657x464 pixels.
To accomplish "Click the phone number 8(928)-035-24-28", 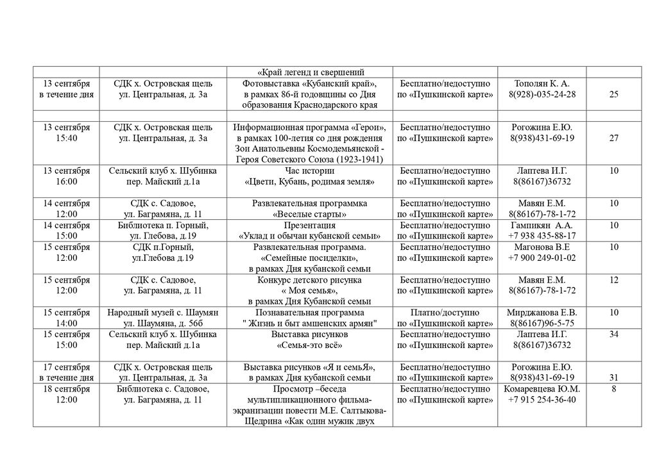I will (542, 95).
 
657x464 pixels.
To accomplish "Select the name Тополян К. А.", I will (542, 84).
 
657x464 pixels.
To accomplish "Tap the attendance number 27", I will (613, 138).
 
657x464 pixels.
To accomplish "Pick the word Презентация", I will (310, 226).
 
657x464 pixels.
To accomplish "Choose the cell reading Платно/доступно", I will (445, 312).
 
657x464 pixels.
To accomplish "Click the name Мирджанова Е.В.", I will (542, 312).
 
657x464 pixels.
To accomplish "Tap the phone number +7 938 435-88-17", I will (542, 236).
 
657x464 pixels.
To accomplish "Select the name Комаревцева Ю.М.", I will (542, 389).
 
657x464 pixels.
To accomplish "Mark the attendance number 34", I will (613, 334).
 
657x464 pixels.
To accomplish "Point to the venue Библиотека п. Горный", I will (163, 226).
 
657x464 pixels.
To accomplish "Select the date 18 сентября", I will (67, 389).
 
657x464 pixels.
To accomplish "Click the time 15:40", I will (67, 138).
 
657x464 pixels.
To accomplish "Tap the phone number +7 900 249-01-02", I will (542, 258).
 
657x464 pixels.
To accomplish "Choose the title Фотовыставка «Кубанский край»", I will (310, 84).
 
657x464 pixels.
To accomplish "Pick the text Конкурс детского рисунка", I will (310, 280).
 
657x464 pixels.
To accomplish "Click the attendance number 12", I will (613, 280).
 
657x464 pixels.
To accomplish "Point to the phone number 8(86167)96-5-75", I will (542, 323).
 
